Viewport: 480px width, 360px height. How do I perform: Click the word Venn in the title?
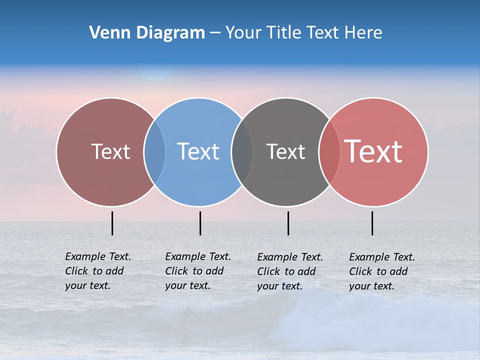pyautogui.click(x=105, y=32)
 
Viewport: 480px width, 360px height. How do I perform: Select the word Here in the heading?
pyautogui.click(x=362, y=32)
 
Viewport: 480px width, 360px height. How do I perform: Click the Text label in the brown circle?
pyautogui.click(x=110, y=151)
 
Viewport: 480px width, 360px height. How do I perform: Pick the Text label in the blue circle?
pyautogui.click(x=198, y=151)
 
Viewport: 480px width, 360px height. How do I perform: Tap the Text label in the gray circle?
pyautogui.click(x=285, y=151)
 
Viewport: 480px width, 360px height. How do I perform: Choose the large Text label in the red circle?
pyautogui.click(x=373, y=151)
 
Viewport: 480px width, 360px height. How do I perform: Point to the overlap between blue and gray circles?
pyautogui.click(x=242, y=152)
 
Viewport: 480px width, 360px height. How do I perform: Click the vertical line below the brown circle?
pyautogui.click(x=112, y=223)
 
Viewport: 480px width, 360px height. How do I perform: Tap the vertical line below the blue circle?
pyautogui.click(x=200, y=223)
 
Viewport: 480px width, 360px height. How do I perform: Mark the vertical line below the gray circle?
pyautogui.click(x=288, y=223)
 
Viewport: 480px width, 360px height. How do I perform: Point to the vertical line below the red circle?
pyautogui.click(x=372, y=223)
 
